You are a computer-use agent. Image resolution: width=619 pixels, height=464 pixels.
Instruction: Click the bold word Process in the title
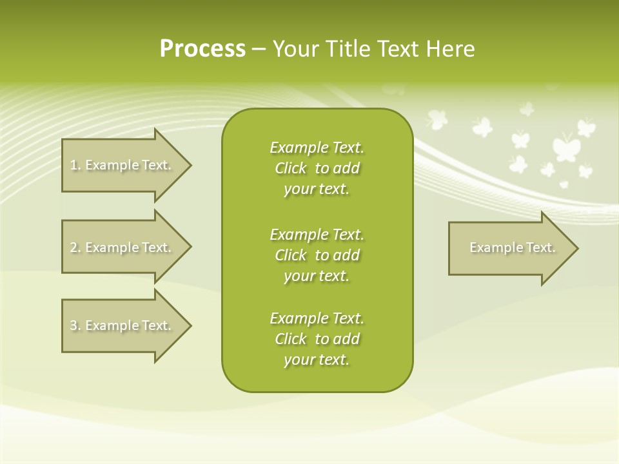point(202,49)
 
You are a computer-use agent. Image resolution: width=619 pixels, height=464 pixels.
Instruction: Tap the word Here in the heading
point(450,49)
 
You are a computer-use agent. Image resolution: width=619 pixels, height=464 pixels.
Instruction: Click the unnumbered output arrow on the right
point(509,248)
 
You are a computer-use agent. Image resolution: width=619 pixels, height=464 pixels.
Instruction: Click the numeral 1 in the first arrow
point(74,165)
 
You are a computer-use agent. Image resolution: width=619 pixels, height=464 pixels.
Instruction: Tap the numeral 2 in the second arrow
point(74,247)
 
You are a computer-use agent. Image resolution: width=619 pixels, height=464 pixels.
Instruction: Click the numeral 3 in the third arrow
point(74,325)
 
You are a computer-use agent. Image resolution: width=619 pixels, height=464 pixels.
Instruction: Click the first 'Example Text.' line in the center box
point(317,148)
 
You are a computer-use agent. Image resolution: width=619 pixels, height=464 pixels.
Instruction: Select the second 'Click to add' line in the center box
point(317,255)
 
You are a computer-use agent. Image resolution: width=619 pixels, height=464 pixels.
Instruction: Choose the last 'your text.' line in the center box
point(317,360)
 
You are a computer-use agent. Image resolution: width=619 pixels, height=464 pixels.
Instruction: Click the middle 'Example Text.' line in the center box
point(317,234)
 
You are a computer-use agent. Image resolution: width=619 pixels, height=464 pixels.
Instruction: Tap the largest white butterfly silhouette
point(565,147)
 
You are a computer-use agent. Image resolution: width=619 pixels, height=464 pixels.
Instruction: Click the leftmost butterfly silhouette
point(437,119)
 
